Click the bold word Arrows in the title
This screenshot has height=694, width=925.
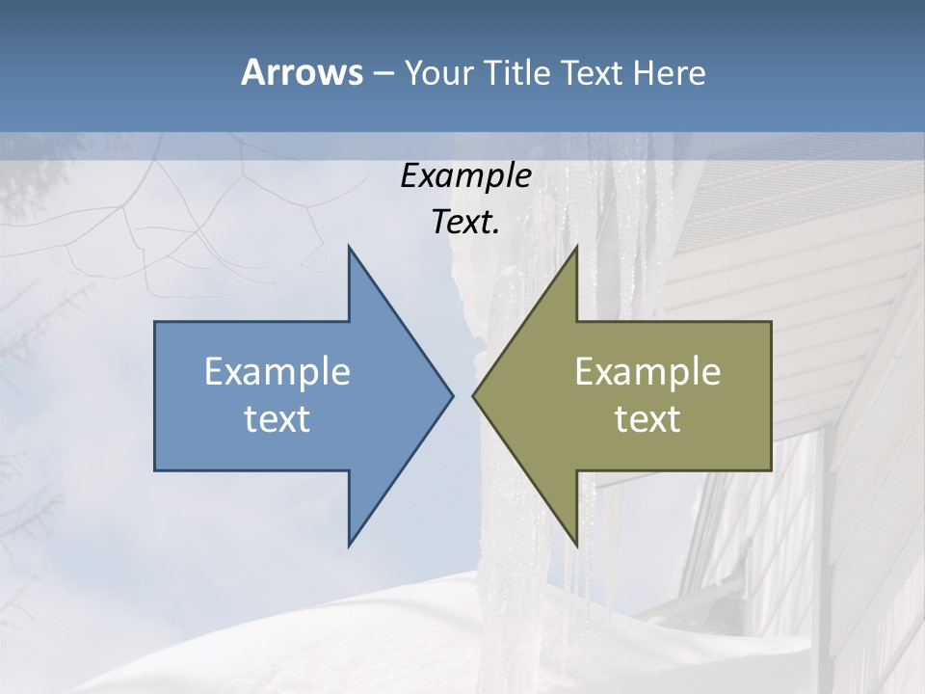click(301, 72)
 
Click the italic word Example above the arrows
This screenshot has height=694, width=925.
click(465, 176)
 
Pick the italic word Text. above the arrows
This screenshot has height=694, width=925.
click(465, 223)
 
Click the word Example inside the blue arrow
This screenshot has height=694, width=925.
click(277, 372)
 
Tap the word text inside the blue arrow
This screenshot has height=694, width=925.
click(277, 419)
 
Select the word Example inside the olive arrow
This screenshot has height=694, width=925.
click(647, 372)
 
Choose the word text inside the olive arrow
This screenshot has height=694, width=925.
click(647, 419)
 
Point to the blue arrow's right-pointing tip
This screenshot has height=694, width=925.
click(452, 395)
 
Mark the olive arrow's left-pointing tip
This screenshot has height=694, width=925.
click(473, 395)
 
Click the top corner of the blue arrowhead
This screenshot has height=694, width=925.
click(349, 247)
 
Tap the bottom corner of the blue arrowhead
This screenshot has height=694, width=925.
click(349, 546)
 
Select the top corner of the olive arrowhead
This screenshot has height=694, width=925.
click(576, 247)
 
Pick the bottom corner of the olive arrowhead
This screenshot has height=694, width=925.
click(576, 546)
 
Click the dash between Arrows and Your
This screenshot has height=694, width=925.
click(383, 74)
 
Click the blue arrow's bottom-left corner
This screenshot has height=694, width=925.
click(155, 469)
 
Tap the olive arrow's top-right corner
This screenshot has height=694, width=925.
click(771, 322)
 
